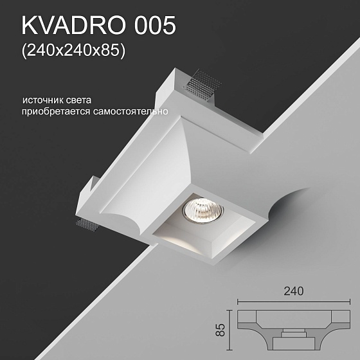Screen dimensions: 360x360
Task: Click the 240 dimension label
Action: (293, 291)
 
